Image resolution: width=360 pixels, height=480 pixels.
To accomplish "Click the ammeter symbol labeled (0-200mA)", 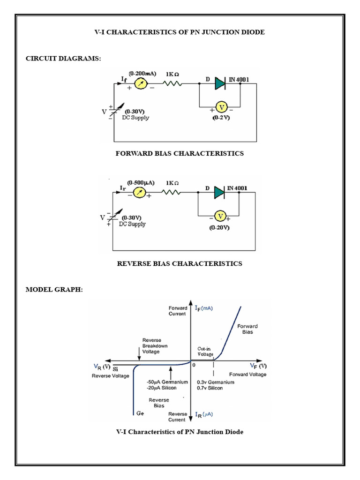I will pos(141,84).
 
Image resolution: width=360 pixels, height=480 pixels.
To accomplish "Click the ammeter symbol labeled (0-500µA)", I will pos(138,192).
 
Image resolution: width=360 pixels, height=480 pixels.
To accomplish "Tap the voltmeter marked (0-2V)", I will pos(219,108).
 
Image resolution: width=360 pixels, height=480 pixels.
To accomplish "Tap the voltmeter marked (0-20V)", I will pos(219,216).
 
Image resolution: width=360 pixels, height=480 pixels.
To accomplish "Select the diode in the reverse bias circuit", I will pos(220,192).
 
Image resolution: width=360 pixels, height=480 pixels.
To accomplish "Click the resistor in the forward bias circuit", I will pos(172,84).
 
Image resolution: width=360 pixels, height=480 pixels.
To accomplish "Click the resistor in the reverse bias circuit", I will pos(172,192).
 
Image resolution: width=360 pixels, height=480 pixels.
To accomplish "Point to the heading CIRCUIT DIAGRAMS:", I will pos(63,58).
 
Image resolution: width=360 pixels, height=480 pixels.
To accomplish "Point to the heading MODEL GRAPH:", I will pos(54,290).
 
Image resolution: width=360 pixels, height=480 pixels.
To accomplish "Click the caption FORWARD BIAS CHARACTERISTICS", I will pos(180,153).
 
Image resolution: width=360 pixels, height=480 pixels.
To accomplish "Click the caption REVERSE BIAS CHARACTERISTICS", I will pos(180,263).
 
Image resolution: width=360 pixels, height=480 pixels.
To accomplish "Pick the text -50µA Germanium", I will pos(167,382).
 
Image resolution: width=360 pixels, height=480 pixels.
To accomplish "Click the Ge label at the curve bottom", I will pos(140,414).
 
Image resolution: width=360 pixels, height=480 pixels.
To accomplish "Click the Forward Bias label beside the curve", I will pos(247,329).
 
